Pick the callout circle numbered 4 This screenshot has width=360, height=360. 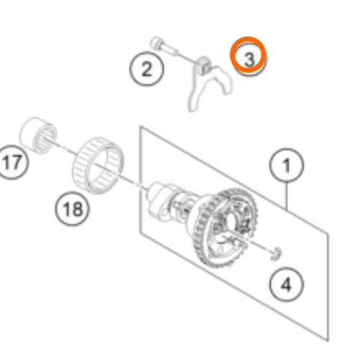287,268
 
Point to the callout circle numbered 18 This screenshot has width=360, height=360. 73,192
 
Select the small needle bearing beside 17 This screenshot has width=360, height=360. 38,135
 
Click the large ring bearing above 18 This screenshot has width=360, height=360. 98,165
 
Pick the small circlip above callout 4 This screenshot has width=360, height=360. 276,253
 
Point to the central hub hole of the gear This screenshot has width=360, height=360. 231,220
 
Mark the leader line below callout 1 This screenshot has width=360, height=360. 287,196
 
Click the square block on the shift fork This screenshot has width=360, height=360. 204,66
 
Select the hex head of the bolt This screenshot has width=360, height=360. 156,43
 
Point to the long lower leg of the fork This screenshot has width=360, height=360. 194,96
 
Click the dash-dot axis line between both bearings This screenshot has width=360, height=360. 67,149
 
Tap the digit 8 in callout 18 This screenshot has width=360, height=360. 78,208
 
